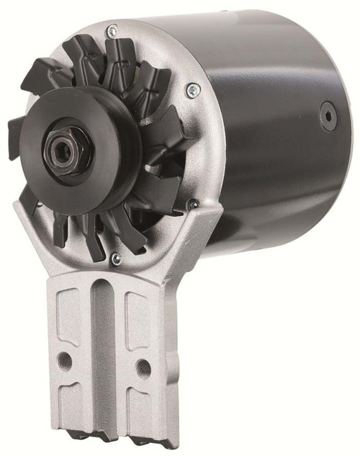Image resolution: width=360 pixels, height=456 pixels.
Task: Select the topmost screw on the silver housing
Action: coord(111,31)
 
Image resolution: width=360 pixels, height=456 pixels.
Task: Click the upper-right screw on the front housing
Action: coord(192,91)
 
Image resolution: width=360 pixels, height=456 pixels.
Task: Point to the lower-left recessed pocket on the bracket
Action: coord(72,403)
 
